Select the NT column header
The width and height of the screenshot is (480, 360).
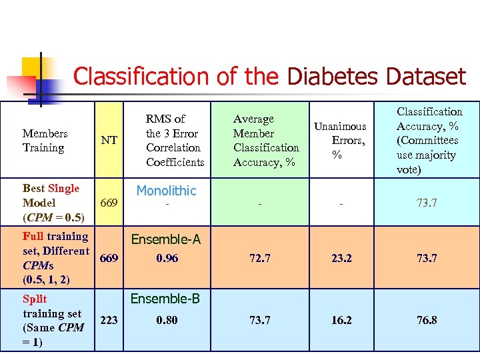(x=109, y=140)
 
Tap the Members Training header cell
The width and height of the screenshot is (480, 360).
(x=45, y=140)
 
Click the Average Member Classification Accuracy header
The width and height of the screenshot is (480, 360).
(x=266, y=140)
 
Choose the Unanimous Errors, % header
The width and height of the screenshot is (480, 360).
(x=341, y=140)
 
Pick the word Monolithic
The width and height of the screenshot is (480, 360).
(x=166, y=191)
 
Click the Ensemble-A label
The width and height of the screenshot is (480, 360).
(x=165, y=239)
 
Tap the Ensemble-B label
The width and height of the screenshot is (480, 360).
(x=165, y=298)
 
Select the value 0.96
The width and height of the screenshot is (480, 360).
(x=167, y=258)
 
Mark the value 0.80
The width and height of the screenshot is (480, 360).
(x=167, y=320)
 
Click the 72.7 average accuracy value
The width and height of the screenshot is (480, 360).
(x=259, y=258)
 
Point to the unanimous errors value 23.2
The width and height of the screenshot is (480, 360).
(x=341, y=258)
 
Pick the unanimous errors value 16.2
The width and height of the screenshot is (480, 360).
(x=341, y=320)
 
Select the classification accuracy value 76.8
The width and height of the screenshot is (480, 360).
(x=427, y=320)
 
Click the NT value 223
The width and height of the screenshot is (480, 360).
(x=109, y=320)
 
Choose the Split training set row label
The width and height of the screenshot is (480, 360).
(x=52, y=320)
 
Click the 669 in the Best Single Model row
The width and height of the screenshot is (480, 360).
(x=109, y=203)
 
